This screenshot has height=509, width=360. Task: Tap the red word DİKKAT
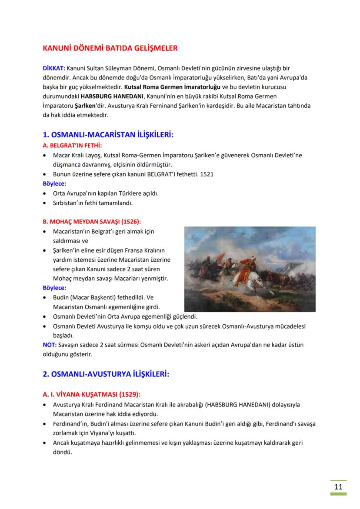tap(53, 69)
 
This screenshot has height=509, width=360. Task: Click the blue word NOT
tap(49, 345)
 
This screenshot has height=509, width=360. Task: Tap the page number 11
tap(338, 486)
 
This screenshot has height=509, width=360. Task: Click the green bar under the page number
tap(338, 494)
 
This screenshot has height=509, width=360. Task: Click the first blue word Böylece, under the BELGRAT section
tap(54, 183)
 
